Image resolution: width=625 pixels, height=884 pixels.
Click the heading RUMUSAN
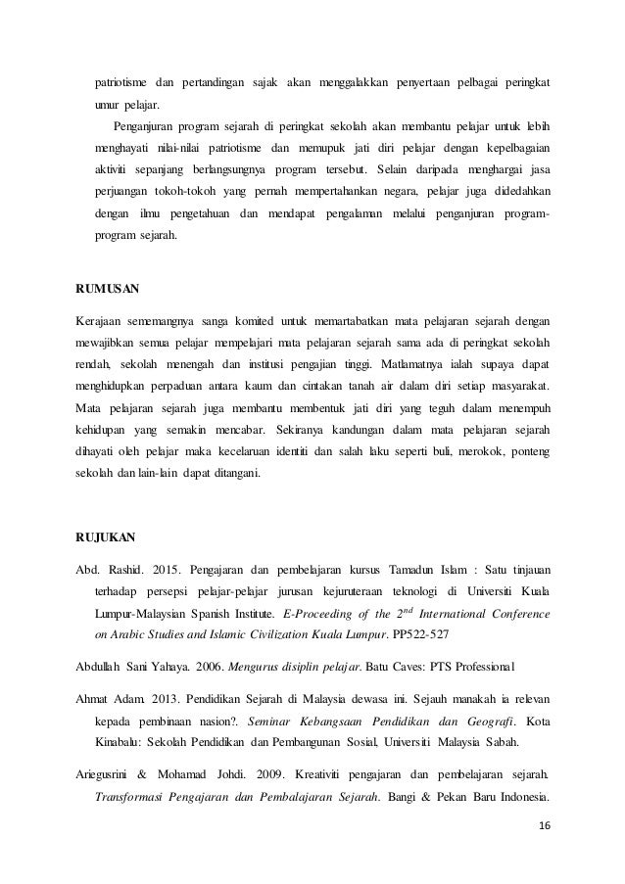tap(107, 290)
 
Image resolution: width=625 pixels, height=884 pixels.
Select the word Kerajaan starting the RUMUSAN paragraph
tap(101, 320)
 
